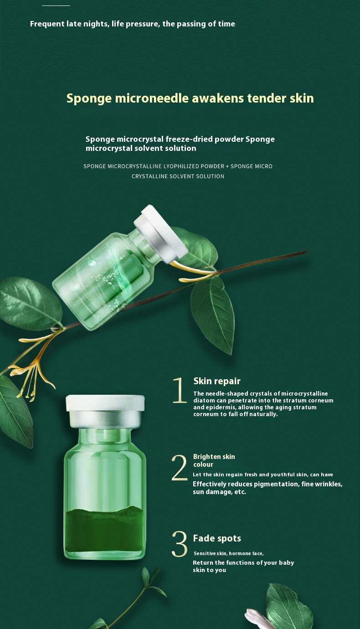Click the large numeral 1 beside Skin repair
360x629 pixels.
180,390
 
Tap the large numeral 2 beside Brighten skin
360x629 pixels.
180,467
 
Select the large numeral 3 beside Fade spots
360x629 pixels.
180,544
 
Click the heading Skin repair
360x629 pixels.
217,382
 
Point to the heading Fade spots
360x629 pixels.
217,538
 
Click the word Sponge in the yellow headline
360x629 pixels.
89,99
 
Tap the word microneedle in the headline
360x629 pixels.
152,98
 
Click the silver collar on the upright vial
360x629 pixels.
105,419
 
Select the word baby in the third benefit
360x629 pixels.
287,563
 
